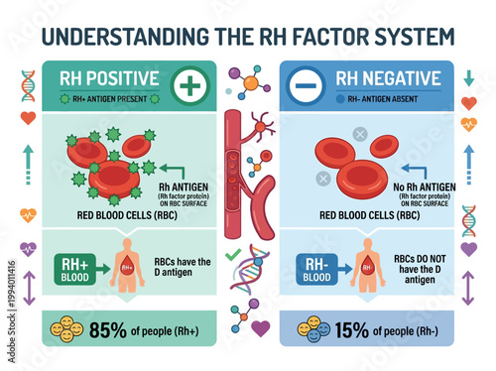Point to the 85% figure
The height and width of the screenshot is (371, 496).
click(x=109, y=327)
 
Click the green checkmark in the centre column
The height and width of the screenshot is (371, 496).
click(x=233, y=257)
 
